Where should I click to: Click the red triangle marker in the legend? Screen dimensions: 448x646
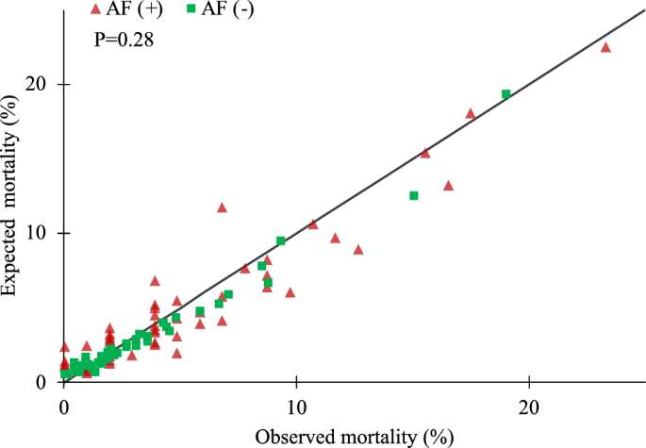pos(94,9)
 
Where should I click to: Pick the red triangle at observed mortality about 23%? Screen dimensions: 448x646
pos(605,46)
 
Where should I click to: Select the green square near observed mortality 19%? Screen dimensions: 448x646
pos(505,94)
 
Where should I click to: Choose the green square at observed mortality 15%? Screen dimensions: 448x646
pos(413,195)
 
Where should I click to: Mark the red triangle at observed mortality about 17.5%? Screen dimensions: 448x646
pos(471,113)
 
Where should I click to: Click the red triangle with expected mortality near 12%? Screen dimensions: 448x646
pos(223,207)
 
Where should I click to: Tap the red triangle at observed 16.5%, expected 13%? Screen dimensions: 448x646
pos(449,186)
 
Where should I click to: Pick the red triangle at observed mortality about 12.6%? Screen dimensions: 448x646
pos(358,249)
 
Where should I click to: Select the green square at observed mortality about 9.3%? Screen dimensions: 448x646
pos(280,241)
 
